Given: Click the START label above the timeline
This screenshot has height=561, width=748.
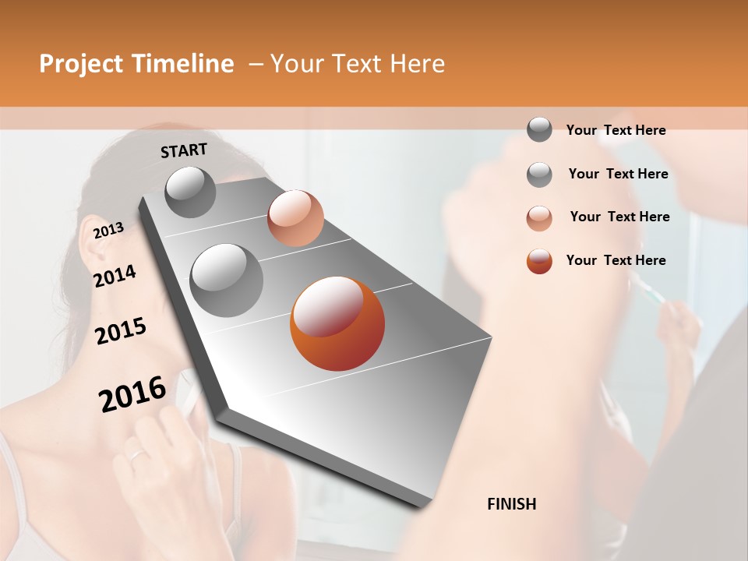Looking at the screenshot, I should [x=184, y=150].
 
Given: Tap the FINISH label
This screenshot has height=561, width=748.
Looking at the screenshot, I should [x=512, y=504].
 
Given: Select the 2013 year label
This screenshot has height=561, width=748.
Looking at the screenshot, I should [x=108, y=230].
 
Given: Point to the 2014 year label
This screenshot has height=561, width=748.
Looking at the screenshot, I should [x=115, y=277].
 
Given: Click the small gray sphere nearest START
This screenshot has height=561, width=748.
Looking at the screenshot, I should [x=190, y=192].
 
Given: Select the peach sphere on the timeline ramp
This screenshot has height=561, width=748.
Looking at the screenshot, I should [x=295, y=217].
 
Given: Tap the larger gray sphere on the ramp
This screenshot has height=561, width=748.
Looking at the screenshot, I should [x=226, y=280].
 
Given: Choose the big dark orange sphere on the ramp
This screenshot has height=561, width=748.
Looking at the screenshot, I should [x=337, y=323].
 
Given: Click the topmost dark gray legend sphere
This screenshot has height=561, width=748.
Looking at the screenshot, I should [x=539, y=129].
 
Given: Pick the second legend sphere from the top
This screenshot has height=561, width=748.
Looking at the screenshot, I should [x=539, y=175].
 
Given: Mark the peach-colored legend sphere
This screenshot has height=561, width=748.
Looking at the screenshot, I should [x=539, y=217].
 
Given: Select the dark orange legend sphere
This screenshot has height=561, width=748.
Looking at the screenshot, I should [x=539, y=261].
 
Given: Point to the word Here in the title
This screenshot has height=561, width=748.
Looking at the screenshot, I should [x=416, y=64].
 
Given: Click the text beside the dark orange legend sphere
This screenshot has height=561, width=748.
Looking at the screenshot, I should [x=616, y=260].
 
